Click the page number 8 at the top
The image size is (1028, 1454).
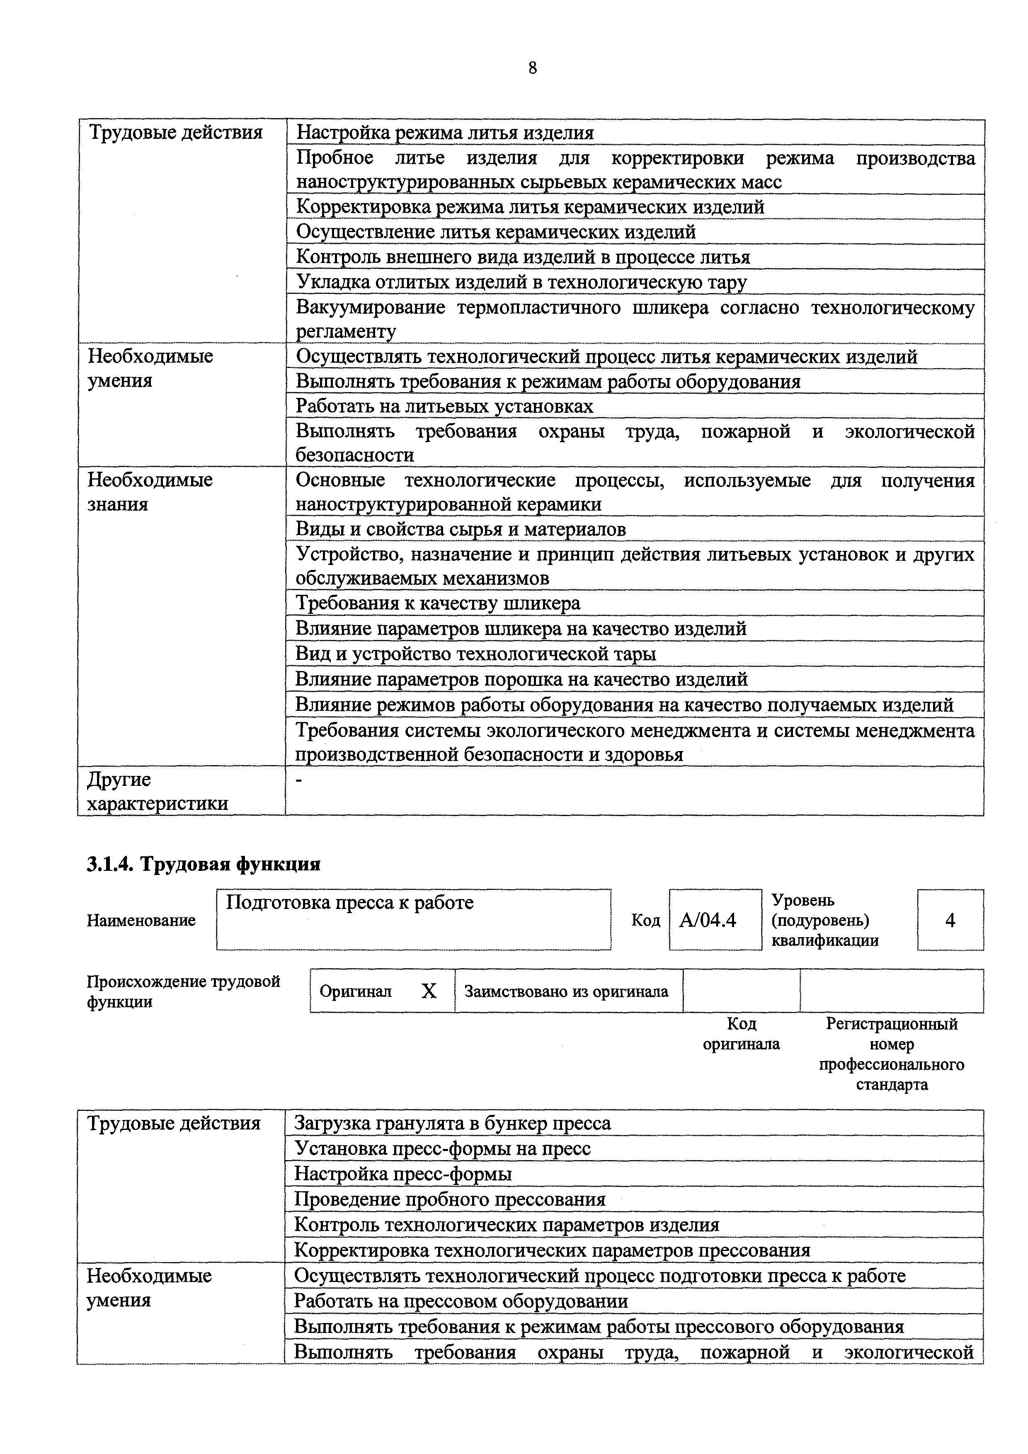[532, 68]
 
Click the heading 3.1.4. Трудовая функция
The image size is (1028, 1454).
[203, 864]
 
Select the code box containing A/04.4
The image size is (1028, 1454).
[715, 919]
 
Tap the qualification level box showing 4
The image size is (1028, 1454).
[950, 919]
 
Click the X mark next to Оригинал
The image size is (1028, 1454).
[429, 991]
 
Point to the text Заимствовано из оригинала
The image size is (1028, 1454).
[566, 991]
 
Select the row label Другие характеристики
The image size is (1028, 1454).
[157, 791]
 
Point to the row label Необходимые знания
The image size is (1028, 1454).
[150, 492]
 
